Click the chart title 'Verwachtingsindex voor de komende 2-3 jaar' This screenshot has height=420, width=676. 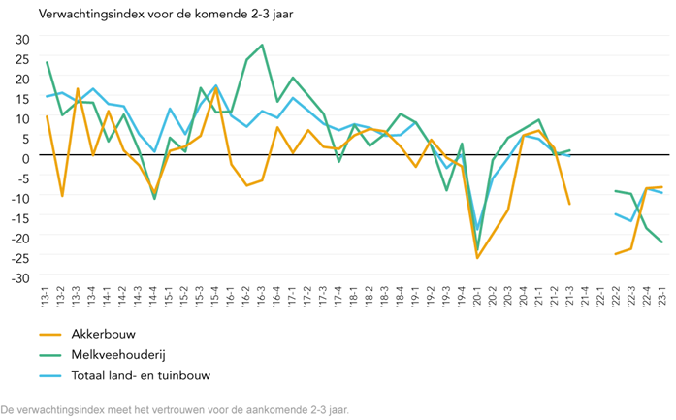[x=167, y=15]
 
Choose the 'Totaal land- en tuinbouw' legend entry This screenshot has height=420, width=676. [x=140, y=375]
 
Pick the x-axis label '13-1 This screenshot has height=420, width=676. [x=47, y=295]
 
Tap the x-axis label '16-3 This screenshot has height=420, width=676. [x=262, y=295]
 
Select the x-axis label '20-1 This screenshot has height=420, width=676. [x=477, y=295]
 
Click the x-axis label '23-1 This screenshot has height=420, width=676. [x=662, y=295]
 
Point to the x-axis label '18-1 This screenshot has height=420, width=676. [x=354, y=295]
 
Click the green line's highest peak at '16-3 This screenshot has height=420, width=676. [x=262, y=45]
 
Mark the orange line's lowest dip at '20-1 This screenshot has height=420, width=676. [x=477, y=258]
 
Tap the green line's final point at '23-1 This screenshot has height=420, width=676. [x=662, y=242]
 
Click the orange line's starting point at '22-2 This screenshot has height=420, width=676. [x=615, y=254]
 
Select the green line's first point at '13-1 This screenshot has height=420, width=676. [x=47, y=62]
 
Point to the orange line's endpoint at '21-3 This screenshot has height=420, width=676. [x=569, y=205]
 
